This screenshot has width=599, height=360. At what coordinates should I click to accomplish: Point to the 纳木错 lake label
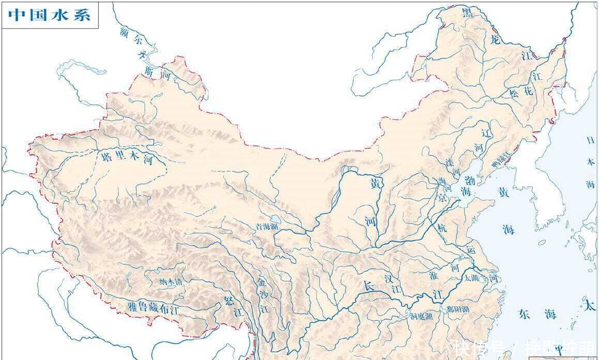pos(171,282)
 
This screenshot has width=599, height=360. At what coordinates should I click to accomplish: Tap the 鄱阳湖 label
pos(458,309)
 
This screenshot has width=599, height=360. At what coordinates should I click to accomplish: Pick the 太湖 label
pos(471,278)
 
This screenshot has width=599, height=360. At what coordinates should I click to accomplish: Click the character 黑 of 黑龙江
pos(467,13)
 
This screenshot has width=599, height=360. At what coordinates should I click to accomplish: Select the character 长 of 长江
pos(367,286)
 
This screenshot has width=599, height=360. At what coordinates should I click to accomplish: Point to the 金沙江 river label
pos(263,296)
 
